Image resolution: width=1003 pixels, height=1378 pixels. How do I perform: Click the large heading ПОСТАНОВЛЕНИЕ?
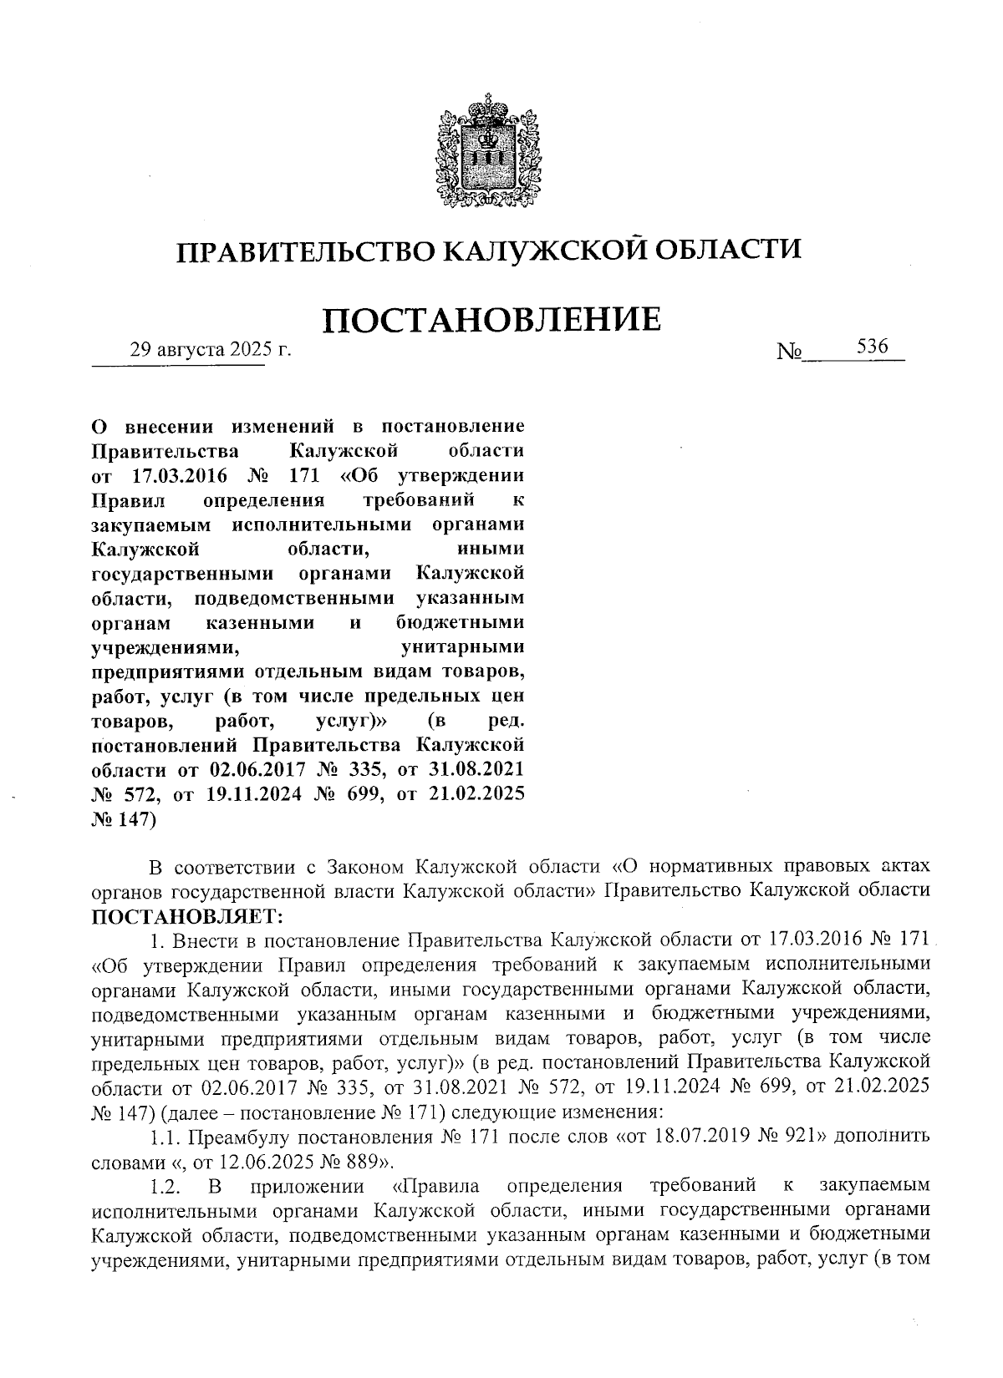coord(491,321)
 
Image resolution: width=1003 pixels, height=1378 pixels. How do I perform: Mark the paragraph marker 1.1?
coord(165,1137)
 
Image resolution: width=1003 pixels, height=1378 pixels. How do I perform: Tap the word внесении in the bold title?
coord(166,426)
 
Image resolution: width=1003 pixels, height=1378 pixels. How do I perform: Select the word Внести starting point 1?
coord(201,942)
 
